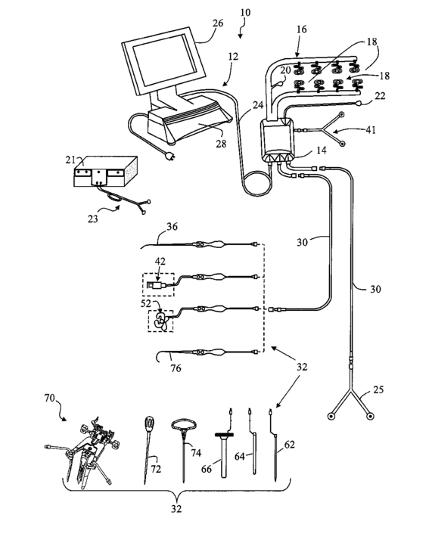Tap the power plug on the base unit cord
coord(169,157)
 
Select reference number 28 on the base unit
coord(221,143)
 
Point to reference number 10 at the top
coord(245,12)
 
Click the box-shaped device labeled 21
coord(106,172)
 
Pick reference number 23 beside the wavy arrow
coord(92,219)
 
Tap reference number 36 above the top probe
coord(172,227)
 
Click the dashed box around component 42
coord(158,284)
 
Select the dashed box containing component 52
coord(160,321)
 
